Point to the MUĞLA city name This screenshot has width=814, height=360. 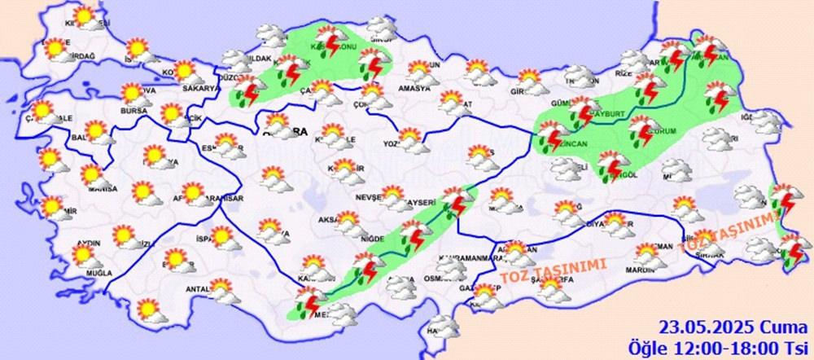point(85,271)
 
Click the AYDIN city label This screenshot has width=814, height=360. point(88,243)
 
